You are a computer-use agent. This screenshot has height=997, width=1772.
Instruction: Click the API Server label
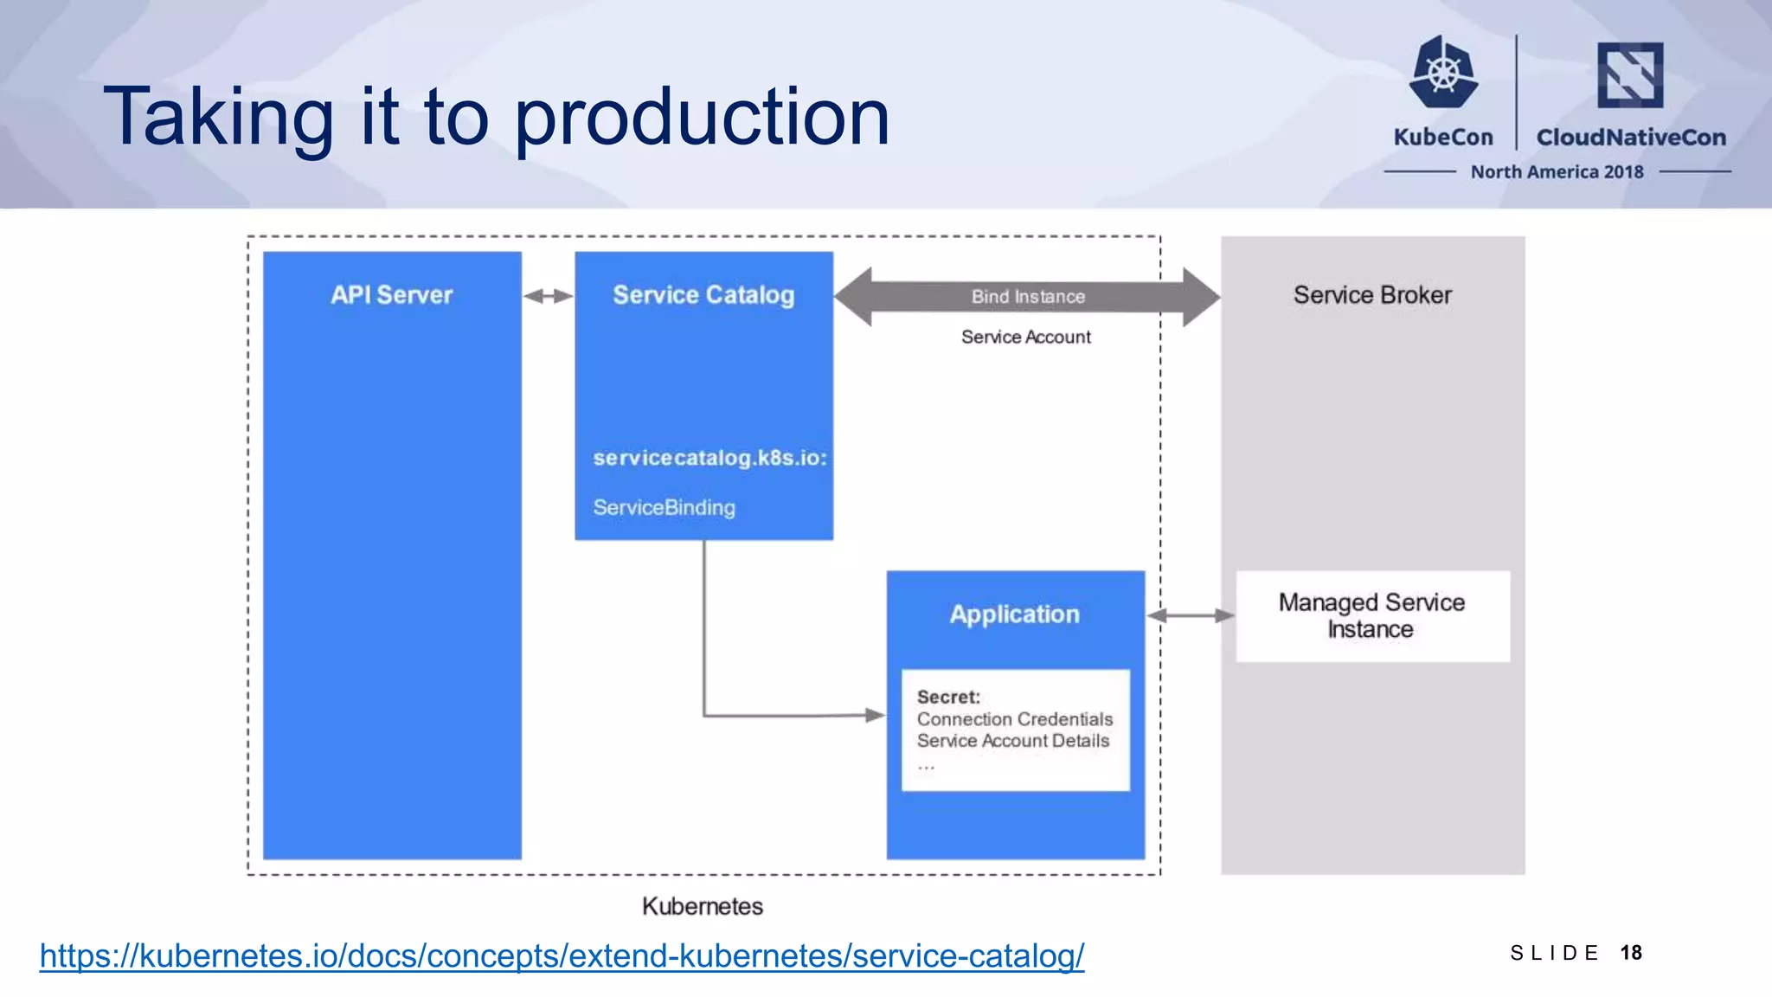click(x=391, y=295)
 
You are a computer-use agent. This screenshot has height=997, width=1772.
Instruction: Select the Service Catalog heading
click(x=703, y=295)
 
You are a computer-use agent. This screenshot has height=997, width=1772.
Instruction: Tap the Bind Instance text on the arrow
click(x=1028, y=297)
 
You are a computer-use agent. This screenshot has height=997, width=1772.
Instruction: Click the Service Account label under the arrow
click(x=1025, y=337)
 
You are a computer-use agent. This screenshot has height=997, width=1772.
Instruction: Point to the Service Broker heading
click(x=1372, y=295)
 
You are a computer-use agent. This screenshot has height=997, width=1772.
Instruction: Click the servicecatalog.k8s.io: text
click(x=709, y=458)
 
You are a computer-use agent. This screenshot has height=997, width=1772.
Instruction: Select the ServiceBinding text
click(x=664, y=508)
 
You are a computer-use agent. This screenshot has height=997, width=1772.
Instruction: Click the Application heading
click(x=1014, y=614)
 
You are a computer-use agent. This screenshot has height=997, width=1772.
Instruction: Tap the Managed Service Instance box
click(x=1372, y=616)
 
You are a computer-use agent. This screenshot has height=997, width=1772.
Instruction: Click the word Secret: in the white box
click(x=948, y=698)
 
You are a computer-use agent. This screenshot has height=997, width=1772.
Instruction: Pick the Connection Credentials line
click(x=1014, y=719)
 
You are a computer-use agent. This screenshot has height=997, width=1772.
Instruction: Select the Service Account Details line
click(x=1012, y=741)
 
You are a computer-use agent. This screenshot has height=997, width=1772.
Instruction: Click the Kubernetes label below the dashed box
click(x=703, y=906)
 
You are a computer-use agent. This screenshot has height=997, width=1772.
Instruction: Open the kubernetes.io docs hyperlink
click(x=562, y=955)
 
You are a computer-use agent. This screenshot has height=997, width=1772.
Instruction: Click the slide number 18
click(x=1631, y=953)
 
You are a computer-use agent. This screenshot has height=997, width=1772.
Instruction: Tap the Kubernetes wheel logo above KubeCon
click(x=1443, y=73)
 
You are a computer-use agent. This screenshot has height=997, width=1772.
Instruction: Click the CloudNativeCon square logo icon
click(x=1630, y=75)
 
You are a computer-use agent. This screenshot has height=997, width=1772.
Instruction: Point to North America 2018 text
click(x=1557, y=172)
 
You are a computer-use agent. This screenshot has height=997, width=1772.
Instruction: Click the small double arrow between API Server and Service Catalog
click(x=548, y=296)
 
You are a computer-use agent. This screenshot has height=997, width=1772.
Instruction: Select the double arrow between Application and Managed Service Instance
click(x=1191, y=615)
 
